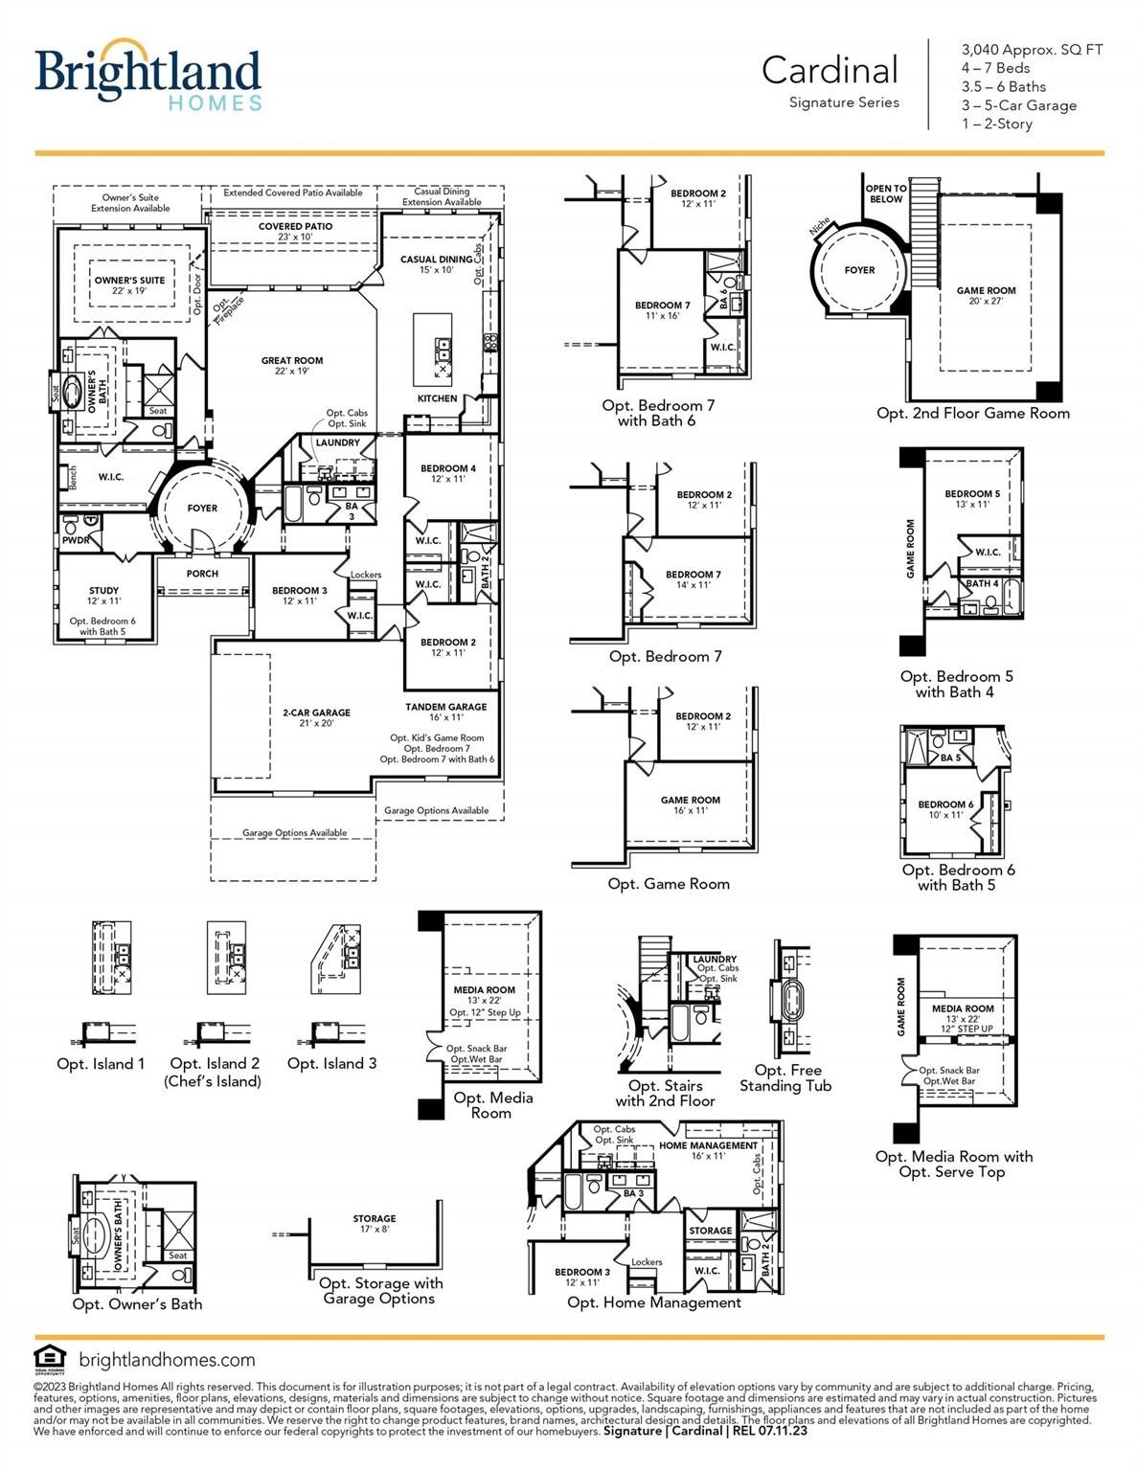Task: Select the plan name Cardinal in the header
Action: click(830, 70)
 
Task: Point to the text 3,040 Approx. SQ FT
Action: click(1032, 50)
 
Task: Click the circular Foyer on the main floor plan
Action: click(202, 509)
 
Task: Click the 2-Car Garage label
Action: click(316, 717)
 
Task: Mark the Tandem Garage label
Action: click(445, 712)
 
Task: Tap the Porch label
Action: click(202, 574)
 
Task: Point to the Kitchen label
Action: click(437, 398)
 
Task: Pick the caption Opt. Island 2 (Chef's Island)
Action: click(215, 1072)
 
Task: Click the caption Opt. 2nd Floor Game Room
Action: click(972, 413)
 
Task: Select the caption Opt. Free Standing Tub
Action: click(785, 1077)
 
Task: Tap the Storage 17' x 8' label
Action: click(374, 1224)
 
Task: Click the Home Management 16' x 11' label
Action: click(708, 1150)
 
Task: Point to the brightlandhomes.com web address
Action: click(167, 1359)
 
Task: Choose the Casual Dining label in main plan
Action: click(436, 264)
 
